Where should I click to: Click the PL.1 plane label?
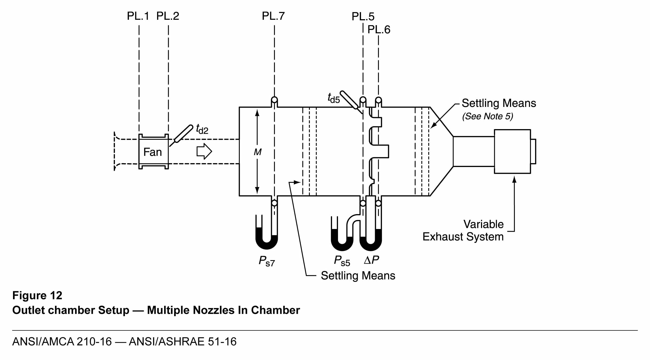(138, 16)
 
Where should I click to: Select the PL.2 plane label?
(168, 16)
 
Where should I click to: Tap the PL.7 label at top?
(273, 16)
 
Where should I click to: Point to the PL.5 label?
(363, 17)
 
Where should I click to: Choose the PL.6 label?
(379, 30)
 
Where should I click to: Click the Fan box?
(153, 152)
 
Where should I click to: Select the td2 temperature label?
(202, 129)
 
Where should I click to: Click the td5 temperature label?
(333, 98)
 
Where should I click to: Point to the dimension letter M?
(257, 152)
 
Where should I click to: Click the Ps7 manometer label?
(266, 261)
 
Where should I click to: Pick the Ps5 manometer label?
(342, 261)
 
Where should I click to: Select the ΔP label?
(371, 260)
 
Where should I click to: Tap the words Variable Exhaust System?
(463, 230)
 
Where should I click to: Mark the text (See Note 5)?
(487, 116)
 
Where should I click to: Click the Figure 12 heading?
(37, 295)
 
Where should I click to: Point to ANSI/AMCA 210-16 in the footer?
(62, 342)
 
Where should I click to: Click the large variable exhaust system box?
(512, 151)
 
